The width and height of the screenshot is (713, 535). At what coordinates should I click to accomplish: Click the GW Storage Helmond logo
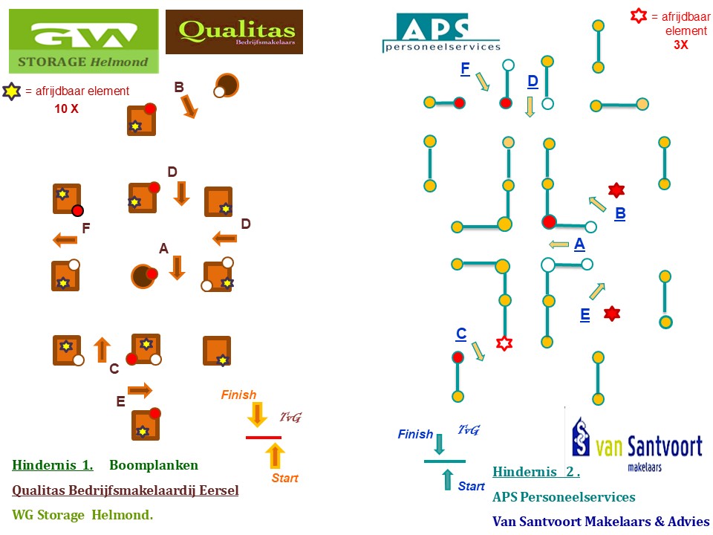click(84, 41)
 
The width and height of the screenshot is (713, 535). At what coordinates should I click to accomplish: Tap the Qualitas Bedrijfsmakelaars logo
click(234, 32)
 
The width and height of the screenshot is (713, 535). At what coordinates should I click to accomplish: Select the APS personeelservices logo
click(441, 33)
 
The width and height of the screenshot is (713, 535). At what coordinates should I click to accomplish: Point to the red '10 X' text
click(66, 108)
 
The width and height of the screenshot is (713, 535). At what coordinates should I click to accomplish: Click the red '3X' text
click(681, 45)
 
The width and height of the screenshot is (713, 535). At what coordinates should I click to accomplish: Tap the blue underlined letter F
click(465, 68)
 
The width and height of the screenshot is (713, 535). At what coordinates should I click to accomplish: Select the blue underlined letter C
click(461, 334)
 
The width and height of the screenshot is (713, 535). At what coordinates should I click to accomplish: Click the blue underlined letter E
click(585, 315)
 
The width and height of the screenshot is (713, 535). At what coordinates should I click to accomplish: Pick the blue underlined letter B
click(620, 213)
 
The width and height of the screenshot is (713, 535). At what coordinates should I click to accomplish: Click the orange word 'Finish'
click(238, 395)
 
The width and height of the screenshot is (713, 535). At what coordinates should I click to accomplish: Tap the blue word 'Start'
click(471, 486)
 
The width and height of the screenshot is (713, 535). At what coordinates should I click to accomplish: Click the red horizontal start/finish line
click(264, 438)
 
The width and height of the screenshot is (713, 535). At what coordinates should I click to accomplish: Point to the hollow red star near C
click(504, 343)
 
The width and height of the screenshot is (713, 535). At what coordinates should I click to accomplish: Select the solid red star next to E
click(612, 314)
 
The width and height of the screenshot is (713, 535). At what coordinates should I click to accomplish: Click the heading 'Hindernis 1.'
click(53, 465)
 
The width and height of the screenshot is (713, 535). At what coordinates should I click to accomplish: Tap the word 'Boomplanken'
click(154, 465)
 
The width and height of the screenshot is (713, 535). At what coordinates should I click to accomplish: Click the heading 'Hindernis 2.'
click(536, 472)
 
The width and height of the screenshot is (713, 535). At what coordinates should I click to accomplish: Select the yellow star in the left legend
click(11, 91)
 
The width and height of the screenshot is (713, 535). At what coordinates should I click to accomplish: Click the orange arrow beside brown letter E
click(140, 390)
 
